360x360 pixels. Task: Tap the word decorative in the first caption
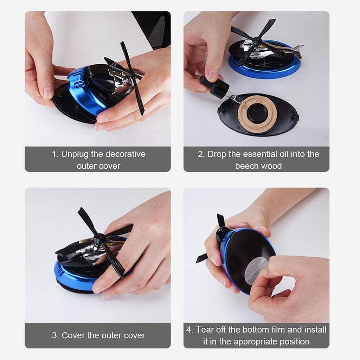(125, 154)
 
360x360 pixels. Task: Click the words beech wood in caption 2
(258, 166)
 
